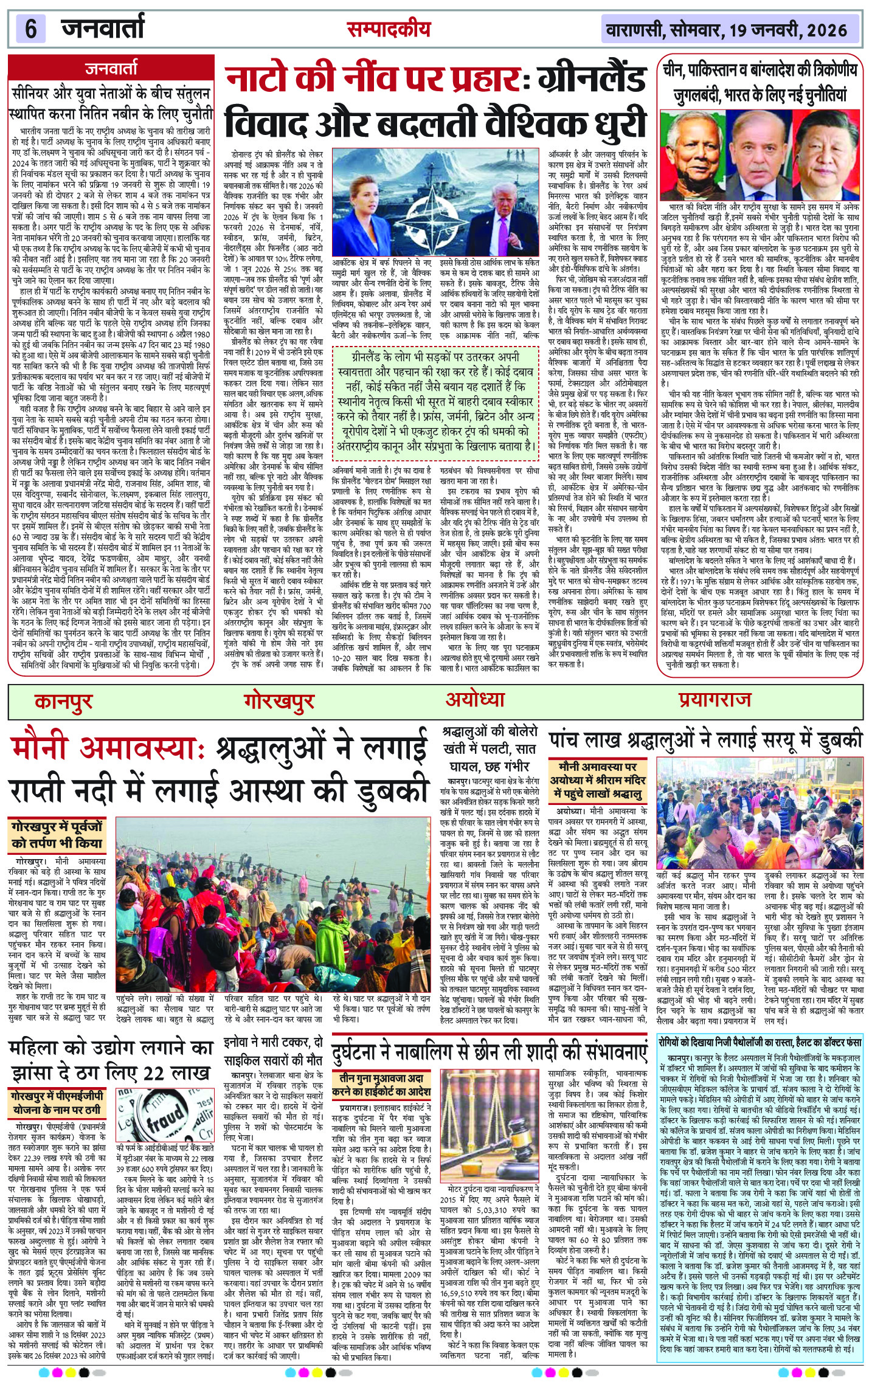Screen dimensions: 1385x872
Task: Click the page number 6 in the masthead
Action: (x=30, y=29)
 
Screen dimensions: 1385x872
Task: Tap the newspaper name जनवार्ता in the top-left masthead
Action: (x=103, y=29)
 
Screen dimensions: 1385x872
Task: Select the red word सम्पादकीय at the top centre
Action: (x=389, y=29)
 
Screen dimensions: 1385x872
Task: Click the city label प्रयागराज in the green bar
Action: (x=715, y=700)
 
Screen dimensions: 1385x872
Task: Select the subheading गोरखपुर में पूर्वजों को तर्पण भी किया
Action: (x=57, y=835)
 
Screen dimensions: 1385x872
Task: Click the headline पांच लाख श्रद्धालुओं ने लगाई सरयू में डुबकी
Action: (x=705, y=740)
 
